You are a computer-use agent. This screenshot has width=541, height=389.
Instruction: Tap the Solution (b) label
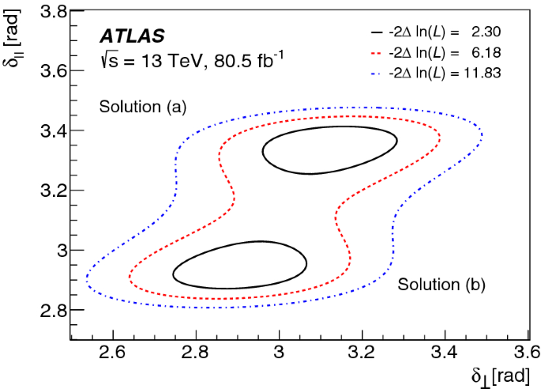(441, 284)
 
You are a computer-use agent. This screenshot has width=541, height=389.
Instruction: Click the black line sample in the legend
(378, 32)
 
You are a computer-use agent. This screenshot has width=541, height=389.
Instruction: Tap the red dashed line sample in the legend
(378, 53)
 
